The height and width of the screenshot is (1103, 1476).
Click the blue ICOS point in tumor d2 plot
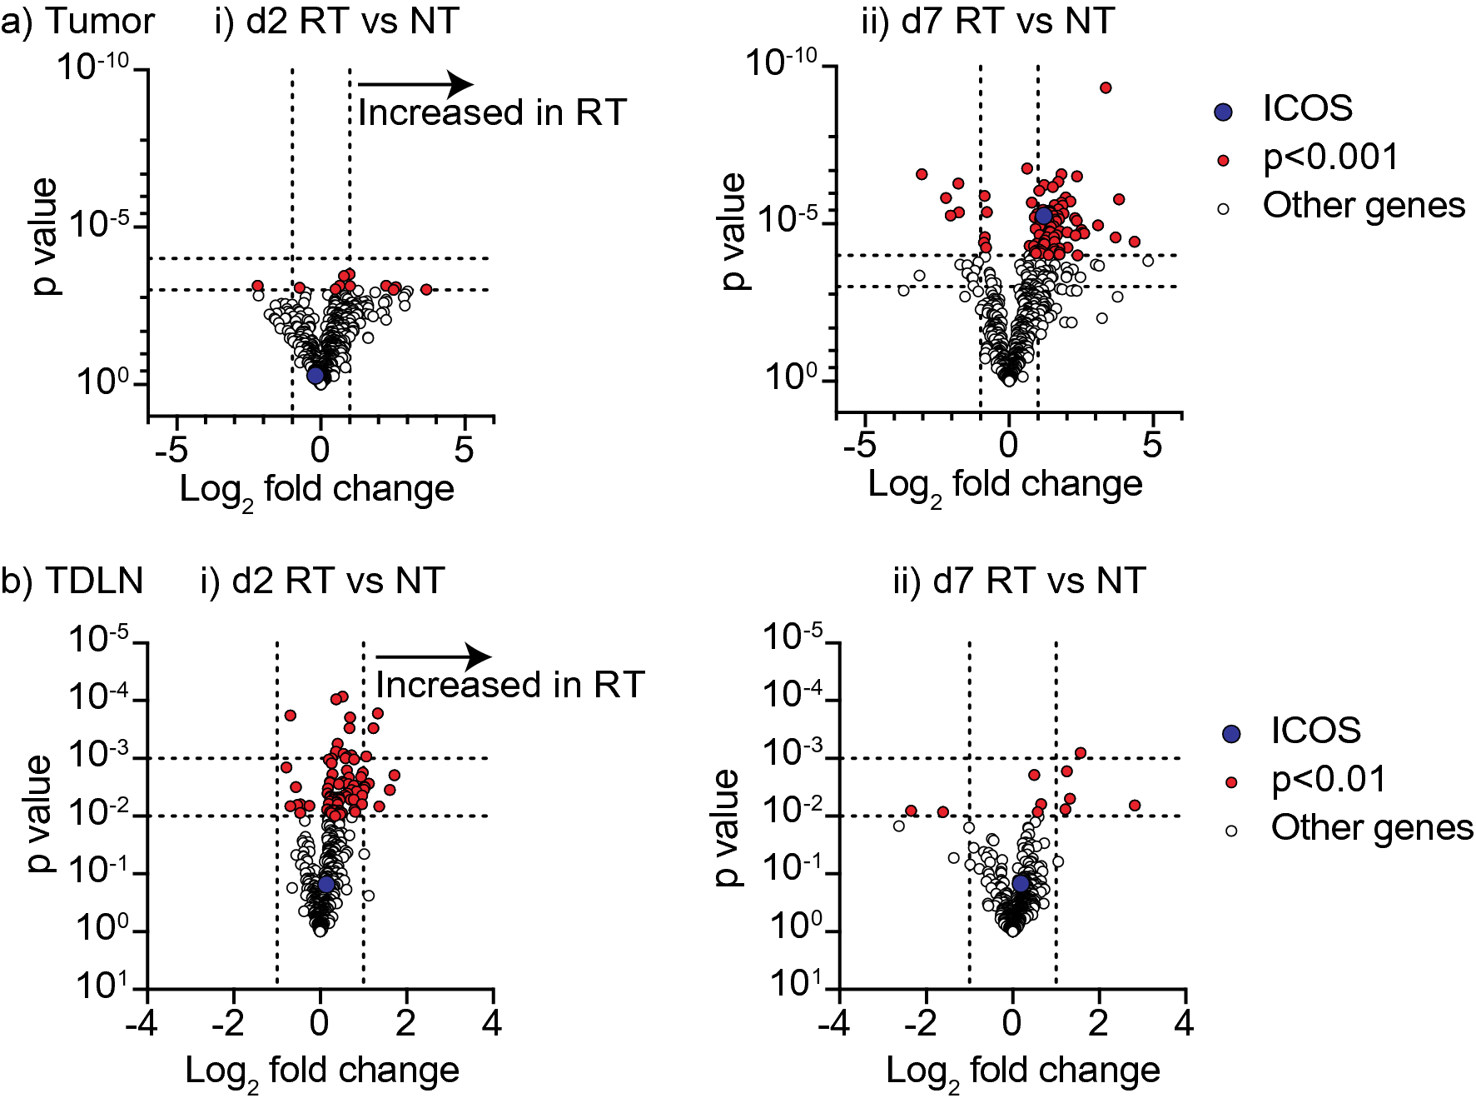tap(316, 375)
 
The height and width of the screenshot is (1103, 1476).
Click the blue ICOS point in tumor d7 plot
tap(1043, 216)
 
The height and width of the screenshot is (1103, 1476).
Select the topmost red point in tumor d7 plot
tap(1106, 87)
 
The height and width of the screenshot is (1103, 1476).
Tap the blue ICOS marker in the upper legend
tap(1223, 112)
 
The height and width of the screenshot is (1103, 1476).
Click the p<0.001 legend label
tap(1330, 157)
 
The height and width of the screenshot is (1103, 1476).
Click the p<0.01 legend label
tap(1329, 780)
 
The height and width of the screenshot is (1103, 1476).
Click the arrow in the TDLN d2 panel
tap(433, 656)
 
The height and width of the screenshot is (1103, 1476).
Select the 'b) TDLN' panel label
tap(72, 581)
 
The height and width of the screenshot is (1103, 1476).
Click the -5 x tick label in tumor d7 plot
tap(858, 446)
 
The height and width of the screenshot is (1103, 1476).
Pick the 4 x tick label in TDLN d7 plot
tap(1184, 1023)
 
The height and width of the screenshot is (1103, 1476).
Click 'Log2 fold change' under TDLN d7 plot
tap(1022, 1071)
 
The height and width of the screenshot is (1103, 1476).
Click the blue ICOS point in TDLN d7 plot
tap(1021, 883)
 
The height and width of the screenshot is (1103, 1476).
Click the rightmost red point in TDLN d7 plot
tap(1134, 805)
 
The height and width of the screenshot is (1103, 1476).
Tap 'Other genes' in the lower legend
tap(1372, 828)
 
